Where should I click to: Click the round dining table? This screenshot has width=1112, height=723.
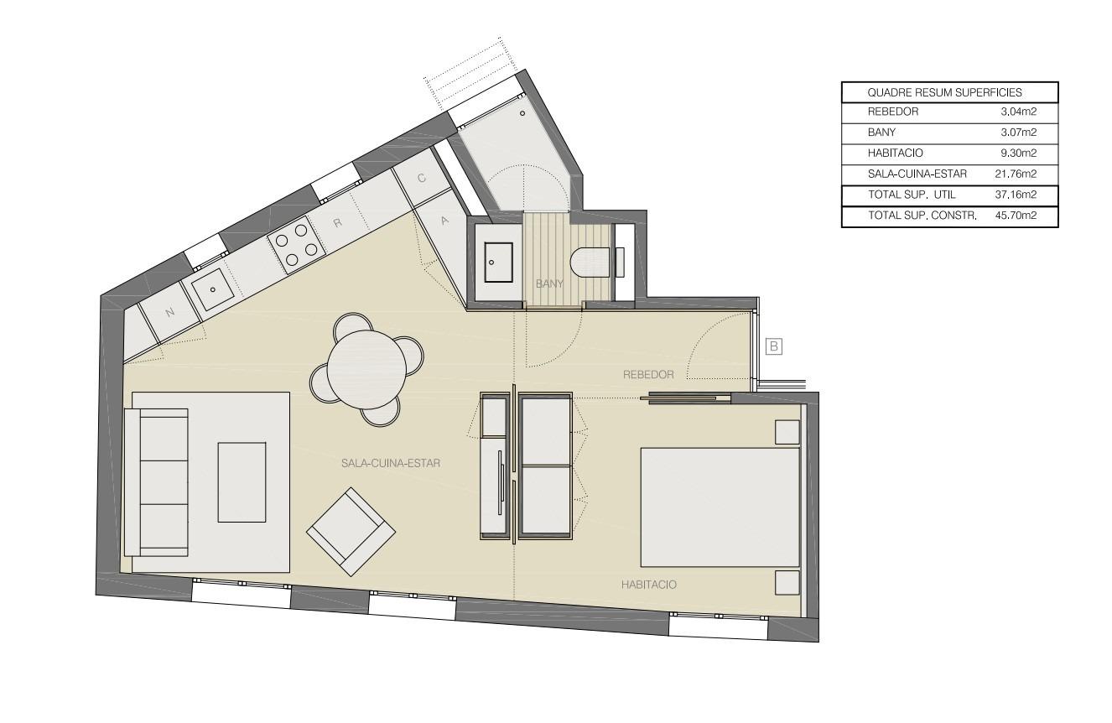point(366,369)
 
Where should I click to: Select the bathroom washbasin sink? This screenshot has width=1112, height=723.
point(498,263)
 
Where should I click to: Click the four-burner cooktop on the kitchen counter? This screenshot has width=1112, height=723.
point(297,245)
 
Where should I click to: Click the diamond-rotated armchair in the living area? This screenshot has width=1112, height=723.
point(351,532)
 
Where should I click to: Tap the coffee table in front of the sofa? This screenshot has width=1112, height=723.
point(242,482)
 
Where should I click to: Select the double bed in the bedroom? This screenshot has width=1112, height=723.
point(720,507)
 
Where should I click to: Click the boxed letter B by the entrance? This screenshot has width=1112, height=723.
point(774,346)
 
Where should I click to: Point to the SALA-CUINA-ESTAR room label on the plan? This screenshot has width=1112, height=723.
point(391,463)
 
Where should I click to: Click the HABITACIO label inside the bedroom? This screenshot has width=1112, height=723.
point(649,585)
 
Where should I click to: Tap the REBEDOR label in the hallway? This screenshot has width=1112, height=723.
point(648,374)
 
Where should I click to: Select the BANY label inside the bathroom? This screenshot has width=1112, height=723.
point(549,283)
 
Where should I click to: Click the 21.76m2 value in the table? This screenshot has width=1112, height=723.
point(1016,174)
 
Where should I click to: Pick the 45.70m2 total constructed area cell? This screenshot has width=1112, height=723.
point(1016,216)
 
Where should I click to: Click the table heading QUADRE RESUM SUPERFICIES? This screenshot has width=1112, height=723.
point(944,93)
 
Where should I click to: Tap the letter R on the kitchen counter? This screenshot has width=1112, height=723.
point(338,223)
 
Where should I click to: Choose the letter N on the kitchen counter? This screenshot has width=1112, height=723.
point(169,312)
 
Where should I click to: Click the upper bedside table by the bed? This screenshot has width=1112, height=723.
point(787,432)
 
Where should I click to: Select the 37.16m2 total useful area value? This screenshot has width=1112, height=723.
point(1016,195)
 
